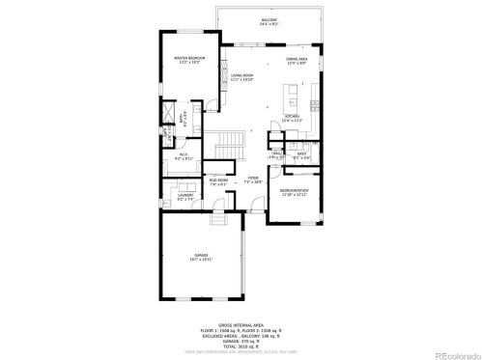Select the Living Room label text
(241, 77)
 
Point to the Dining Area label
(298, 61)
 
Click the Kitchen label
(293, 119)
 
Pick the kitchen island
(290, 97)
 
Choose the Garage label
(201, 257)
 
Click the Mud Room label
(217, 180)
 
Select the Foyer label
(253, 180)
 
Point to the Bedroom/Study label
(295, 193)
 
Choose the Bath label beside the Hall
(301, 154)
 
